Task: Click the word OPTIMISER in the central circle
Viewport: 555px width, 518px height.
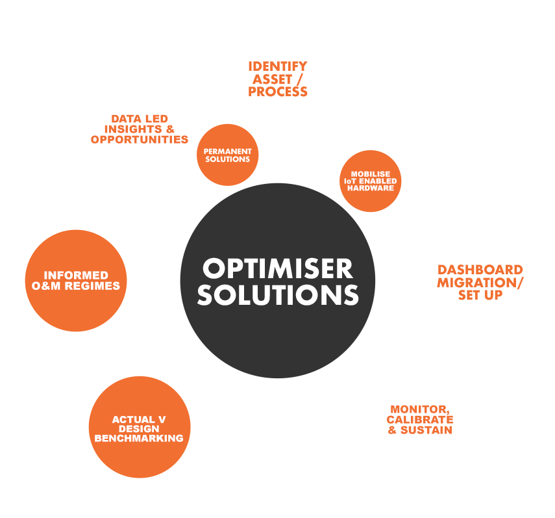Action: click(x=277, y=268)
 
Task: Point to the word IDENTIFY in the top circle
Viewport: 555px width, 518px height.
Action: click(x=277, y=67)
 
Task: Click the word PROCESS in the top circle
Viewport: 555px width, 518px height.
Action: click(x=277, y=92)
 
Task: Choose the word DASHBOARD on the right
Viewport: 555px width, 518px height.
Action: click(x=480, y=270)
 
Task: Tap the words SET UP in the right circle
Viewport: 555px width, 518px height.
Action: click(x=480, y=294)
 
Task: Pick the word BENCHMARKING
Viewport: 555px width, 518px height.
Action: click(x=138, y=438)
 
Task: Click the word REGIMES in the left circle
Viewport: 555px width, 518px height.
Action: click(x=96, y=286)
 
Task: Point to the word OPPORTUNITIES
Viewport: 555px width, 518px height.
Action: click(x=140, y=140)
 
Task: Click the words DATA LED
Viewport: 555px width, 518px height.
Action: click(x=140, y=119)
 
